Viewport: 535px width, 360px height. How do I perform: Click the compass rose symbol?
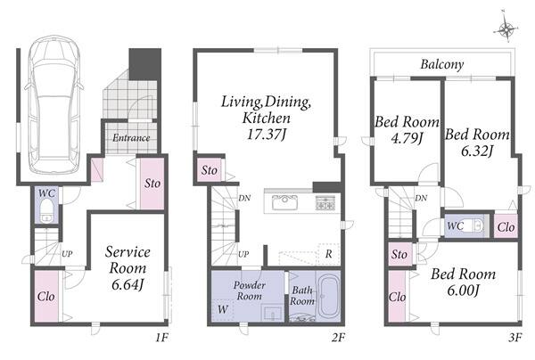(506, 29)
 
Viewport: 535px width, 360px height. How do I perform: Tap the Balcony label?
(442, 64)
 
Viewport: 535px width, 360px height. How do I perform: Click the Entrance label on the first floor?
(131, 138)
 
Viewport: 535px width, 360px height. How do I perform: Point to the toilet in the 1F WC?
(46, 210)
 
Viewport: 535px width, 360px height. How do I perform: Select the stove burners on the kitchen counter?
(325, 202)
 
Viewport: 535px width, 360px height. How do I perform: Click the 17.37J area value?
(266, 134)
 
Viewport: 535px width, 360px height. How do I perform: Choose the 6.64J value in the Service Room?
(128, 284)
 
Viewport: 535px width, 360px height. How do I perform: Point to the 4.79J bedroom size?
(407, 138)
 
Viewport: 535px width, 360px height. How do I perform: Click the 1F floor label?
(162, 338)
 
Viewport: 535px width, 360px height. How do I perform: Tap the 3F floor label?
(515, 338)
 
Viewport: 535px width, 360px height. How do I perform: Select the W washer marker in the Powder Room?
(222, 309)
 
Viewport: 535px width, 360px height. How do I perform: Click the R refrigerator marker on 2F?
(328, 254)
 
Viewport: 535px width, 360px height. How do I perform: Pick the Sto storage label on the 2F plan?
(209, 170)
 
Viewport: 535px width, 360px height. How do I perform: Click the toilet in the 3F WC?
(475, 225)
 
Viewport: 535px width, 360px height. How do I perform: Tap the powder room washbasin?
(272, 313)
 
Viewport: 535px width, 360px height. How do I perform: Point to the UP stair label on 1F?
(67, 254)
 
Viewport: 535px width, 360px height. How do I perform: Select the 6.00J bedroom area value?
(463, 290)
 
